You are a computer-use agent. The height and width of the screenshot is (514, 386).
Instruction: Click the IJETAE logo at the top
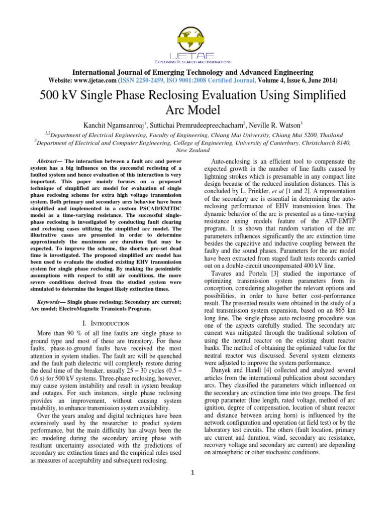point(193,40)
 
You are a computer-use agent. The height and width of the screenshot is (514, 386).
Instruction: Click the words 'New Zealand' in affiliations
point(193,150)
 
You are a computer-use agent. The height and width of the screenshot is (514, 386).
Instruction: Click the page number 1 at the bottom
point(193,472)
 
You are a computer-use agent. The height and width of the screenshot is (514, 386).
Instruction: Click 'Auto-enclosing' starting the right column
point(231,160)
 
